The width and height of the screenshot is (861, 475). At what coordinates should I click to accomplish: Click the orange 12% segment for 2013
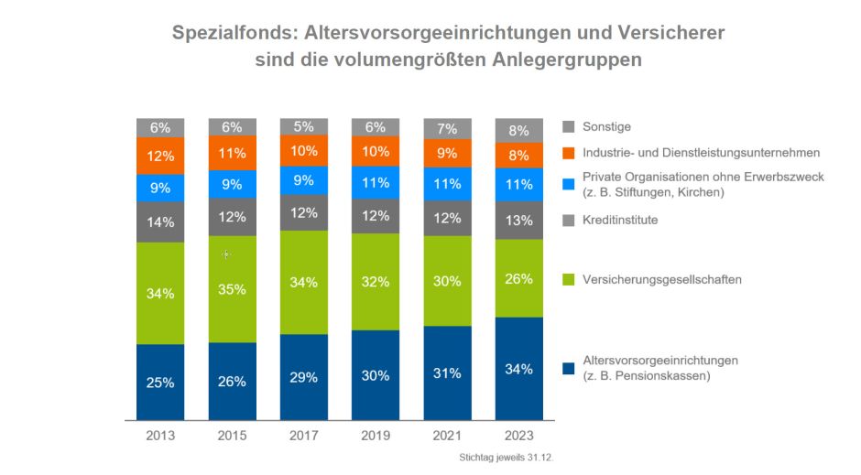[x=160, y=156]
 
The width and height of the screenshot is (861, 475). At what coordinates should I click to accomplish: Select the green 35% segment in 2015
[x=232, y=289]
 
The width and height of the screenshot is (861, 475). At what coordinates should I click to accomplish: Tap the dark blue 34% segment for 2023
[x=518, y=369]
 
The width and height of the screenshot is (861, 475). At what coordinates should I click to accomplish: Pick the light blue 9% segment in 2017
[x=304, y=180]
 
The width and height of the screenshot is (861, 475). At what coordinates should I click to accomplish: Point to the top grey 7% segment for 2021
[x=447, y=129]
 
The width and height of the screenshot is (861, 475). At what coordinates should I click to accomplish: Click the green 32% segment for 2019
[x=376, y=282]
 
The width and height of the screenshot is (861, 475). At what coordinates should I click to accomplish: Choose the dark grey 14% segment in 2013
[x=160, y=221]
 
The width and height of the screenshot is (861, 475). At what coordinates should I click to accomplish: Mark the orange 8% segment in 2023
[x=518, y=156]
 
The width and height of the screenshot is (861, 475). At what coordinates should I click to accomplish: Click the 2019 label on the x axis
[x=376, y=436]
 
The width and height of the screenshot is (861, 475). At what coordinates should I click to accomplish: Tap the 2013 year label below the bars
[x=160, y=436]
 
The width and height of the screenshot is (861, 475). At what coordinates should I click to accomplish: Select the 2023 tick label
[x=518, y=436]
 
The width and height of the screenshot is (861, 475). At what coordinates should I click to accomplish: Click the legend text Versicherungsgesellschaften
[x=662, y=279]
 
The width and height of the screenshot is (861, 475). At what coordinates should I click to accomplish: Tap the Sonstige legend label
[x=606, y=127]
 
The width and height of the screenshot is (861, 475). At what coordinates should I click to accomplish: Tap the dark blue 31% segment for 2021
[x=447, y=373]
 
